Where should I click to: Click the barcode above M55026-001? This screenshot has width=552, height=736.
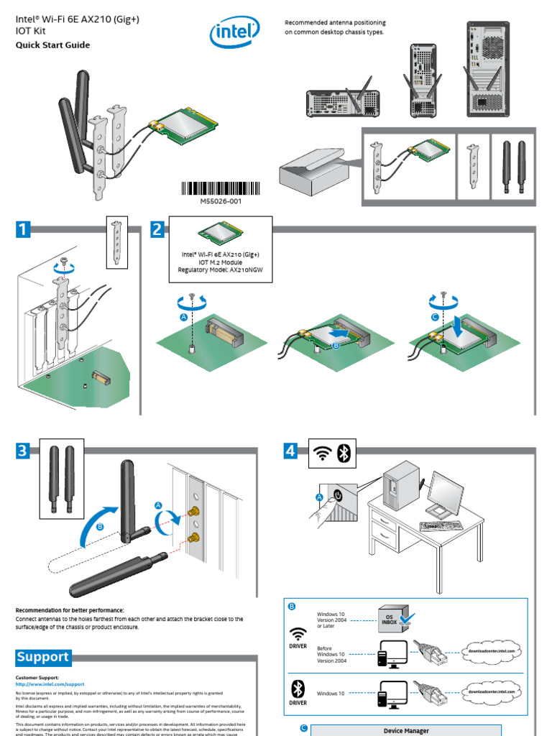pyautogui.click(x=221, y=189)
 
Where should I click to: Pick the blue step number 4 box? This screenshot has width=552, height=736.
pyautogui.click(x=290, y=451)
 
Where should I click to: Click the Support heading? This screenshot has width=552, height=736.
pyautogui.click(x=43, y=657)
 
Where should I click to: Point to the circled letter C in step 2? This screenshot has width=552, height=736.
pyautogui.click(x=435, y=316)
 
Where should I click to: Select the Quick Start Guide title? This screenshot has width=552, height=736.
pyautogui.click(x=53, y=45)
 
